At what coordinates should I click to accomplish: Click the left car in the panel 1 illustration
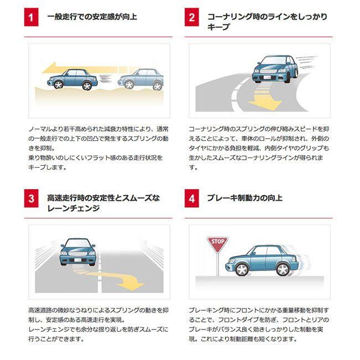coord(72,79)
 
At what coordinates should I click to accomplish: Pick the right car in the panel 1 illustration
coord(141,79)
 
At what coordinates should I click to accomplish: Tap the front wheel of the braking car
coord(241,269)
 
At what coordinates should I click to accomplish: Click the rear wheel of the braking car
coord(282,269)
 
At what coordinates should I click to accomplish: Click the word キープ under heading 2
coord(218,27)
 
